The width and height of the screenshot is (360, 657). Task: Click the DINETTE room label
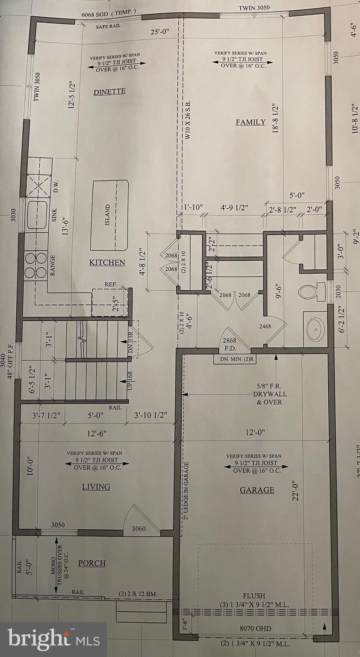[x=109, y=92]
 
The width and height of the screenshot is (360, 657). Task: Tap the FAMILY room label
[x=251, y=122]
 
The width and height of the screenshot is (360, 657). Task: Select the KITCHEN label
[x=107, y=262]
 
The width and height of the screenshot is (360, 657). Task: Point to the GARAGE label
[x=257, y=490]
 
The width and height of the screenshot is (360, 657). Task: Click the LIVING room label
[x=96, y=487]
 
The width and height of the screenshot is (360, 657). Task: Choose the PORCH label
[x=91, y=563]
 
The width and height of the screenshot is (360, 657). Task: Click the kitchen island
[x=110, y=215]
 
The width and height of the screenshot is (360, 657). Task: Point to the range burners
[x=36, y=265]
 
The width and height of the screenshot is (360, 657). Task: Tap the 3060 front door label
[x=139, y=529]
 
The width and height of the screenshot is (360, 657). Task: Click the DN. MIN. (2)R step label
[x=235, y=360]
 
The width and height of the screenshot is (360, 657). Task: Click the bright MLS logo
[x=53, y=639]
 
